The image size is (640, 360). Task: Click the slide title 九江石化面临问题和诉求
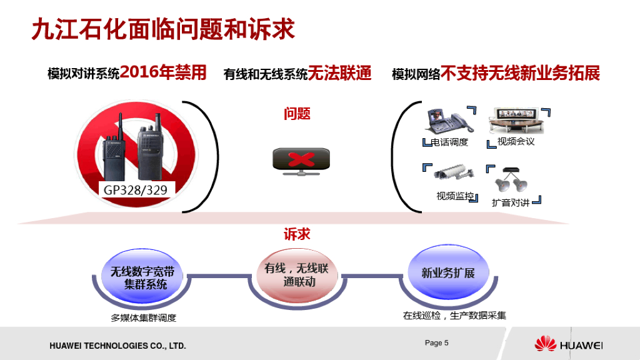tap(162, 29)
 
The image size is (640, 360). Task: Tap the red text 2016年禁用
tap(163, 72)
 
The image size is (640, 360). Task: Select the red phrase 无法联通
tap(340, 74)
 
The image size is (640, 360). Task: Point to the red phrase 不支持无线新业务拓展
tap(521, 73)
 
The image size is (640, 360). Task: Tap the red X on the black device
tap(301, 159)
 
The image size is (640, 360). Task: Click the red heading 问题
tap(297, 114)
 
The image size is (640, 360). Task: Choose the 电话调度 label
tap(449, 142)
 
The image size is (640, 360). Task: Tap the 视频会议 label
tap(516, 141)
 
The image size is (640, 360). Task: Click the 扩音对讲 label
tap(511, 202)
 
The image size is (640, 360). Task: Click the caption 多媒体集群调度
tap(144, 317)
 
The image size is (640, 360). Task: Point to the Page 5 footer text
tap(437, 342)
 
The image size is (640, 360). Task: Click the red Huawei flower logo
tap(545, 343)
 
